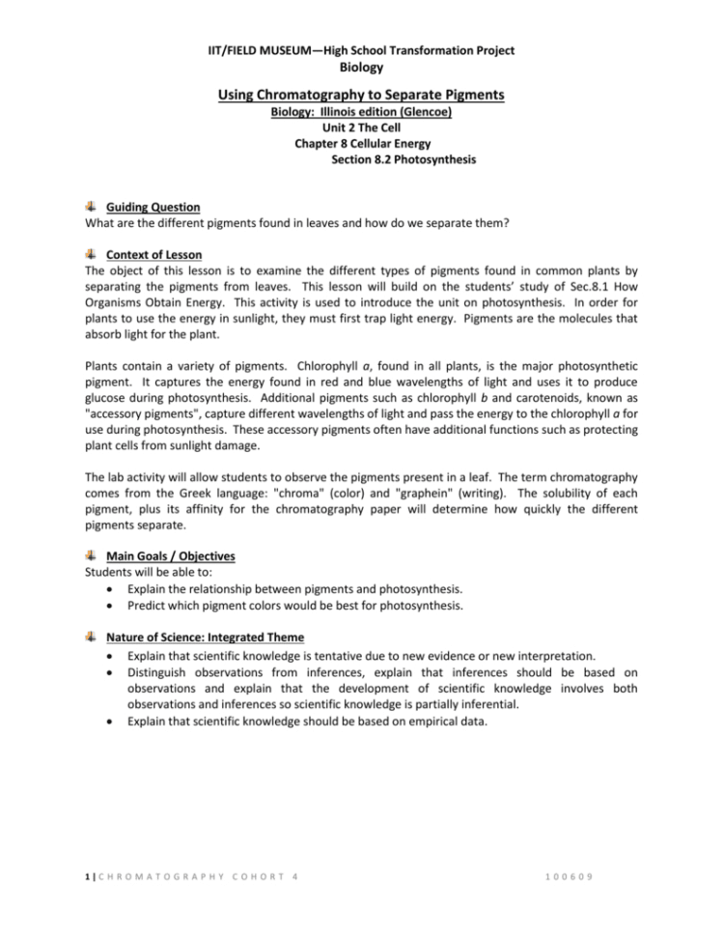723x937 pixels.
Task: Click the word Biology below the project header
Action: coord(361,68)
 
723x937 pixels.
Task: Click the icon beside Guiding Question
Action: coord(90,206)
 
